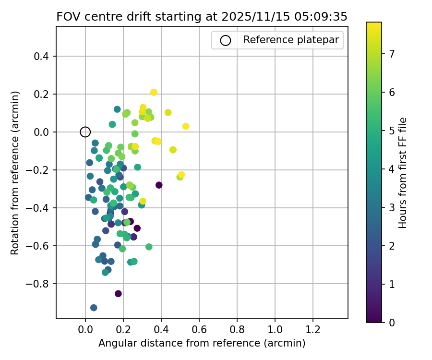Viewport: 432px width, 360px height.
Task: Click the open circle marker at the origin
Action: coord(85,132)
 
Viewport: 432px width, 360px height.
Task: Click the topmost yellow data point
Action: coord(154,92)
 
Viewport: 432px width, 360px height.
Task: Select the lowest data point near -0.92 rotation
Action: coord(94,308)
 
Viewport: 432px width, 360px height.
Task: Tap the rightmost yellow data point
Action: coord(186,126)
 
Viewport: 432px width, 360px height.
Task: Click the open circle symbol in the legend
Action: coord(225,40)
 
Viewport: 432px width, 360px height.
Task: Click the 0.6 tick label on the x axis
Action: coord(199,331)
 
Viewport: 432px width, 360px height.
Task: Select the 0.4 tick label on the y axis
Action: coord(42,56)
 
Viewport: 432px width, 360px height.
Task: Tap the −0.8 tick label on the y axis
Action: coord(39,284)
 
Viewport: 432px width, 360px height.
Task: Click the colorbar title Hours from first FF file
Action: coord(403,173)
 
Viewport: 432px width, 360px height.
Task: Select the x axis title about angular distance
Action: coord(202,344)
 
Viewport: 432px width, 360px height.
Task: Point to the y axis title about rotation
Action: coord(15,173)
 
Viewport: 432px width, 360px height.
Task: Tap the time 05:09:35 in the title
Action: coord(323,16)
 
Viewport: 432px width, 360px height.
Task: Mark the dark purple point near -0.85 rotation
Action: coord(118,293)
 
